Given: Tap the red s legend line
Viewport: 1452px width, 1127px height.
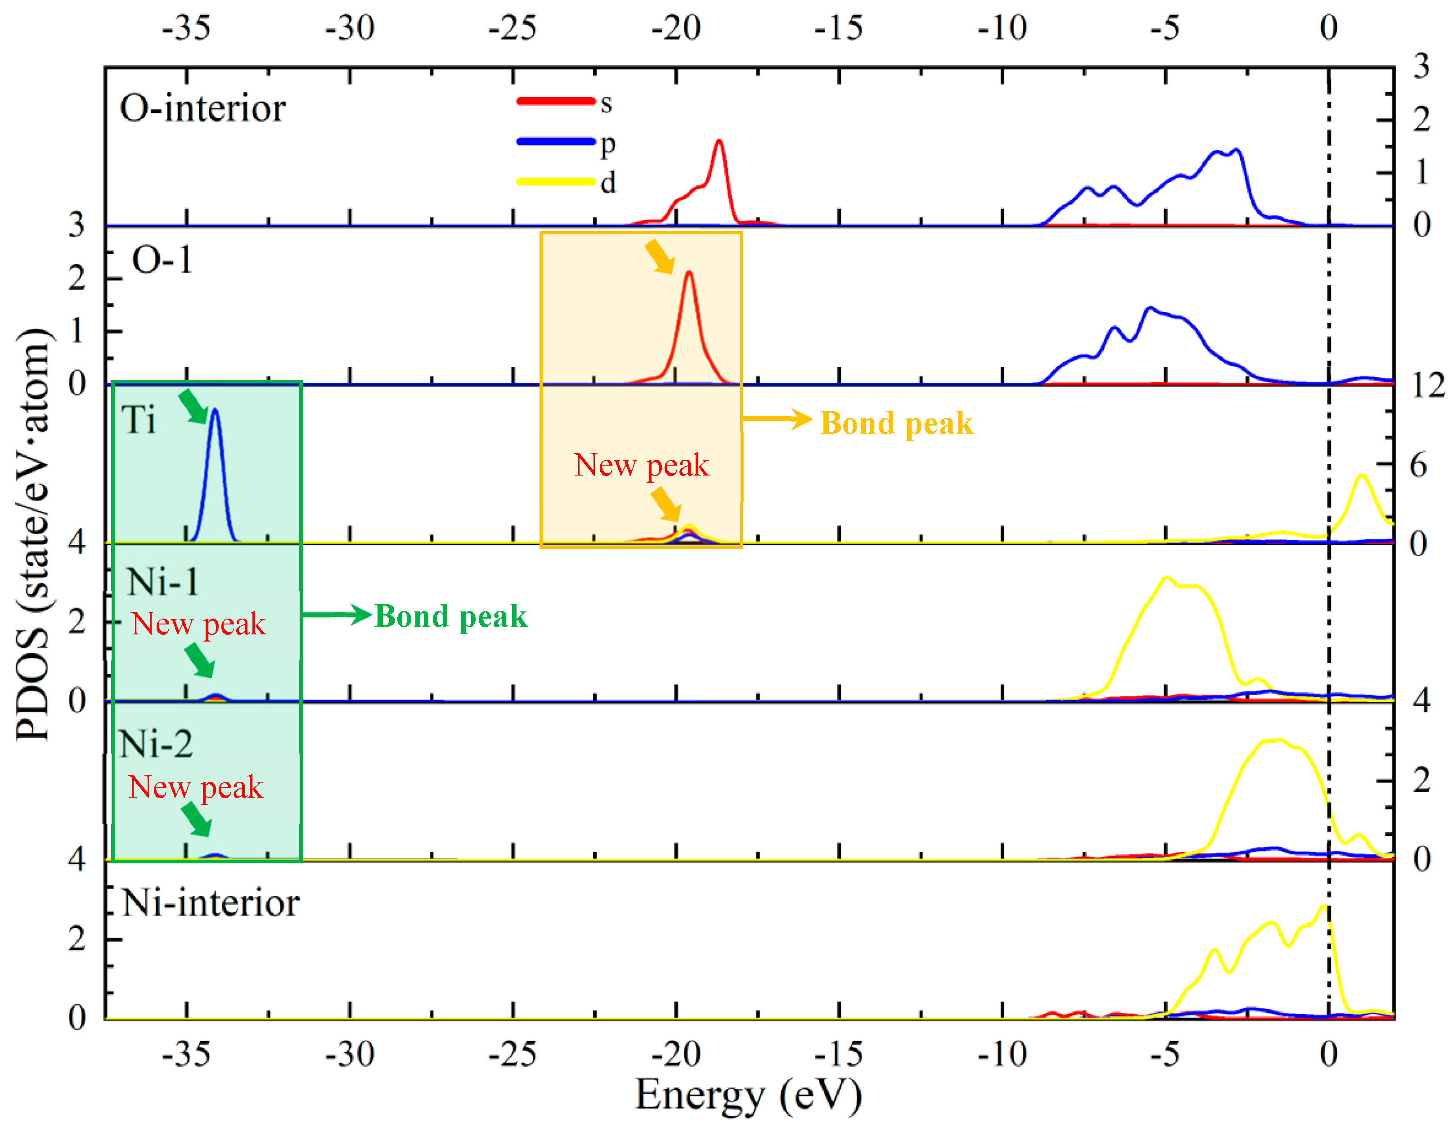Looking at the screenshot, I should tap(556, 101).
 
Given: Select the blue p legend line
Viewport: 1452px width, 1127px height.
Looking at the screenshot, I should tap(556, 141).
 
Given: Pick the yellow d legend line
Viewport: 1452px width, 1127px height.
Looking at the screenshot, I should tap(556, 181).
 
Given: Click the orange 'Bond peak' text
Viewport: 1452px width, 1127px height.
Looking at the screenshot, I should tap(896, 423).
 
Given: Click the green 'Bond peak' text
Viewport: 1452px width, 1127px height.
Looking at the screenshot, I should tap(451, 616).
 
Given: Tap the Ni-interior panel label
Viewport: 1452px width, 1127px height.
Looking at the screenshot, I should tap(211, 903).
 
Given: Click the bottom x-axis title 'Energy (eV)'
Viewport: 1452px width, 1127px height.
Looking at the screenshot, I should tap(748, 1094).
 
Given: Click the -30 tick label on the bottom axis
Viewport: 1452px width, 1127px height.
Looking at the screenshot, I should tap(350, 1054).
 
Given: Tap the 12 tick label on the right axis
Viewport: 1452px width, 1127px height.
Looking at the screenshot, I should tap(1427, 385).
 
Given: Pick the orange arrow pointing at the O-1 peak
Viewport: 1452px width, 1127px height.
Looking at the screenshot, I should tap(660, 256).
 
